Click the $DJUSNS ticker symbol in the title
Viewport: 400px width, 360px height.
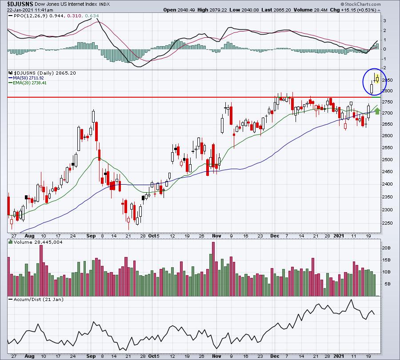tap(20, 4)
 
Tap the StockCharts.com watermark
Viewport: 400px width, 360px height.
tap(361, 4)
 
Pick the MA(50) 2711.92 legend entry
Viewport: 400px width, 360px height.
tap(28, 78)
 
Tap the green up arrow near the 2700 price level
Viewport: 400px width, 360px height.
tap(377, 111)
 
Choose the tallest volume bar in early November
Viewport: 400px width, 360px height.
tap(213, 269)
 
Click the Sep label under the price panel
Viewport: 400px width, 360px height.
tap(91, 236)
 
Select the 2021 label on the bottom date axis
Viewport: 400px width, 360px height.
tap(339, 356)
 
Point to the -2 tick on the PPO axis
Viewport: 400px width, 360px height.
tap(384, 68)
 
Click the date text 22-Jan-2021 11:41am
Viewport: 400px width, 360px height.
tap(30, 10)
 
